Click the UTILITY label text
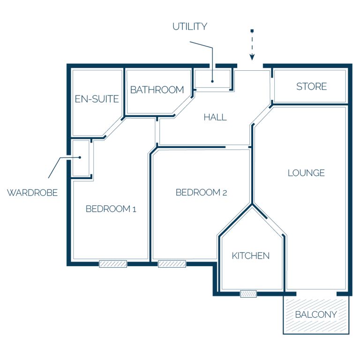click(190, 26)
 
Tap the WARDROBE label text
click(32, 193)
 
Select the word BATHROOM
click(157, 90)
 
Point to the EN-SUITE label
click(97, 99)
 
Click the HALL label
click(215, 117)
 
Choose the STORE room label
click(312, 87)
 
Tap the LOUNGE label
click(306, 173)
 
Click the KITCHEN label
click(250, 256)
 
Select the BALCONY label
click(316, 315)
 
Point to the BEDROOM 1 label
click(111, 209)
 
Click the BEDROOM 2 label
click(202, 192)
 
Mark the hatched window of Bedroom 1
click(113, 264)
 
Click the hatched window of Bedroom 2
click(172, 264)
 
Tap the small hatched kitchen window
click(248, 294)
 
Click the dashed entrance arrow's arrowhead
click(252, 57)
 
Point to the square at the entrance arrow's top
click(252, 31)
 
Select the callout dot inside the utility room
click(212, 81)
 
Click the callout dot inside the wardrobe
click(80, 157)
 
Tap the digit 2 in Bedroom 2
click(225, 193)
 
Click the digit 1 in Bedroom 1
click(135, 210)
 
